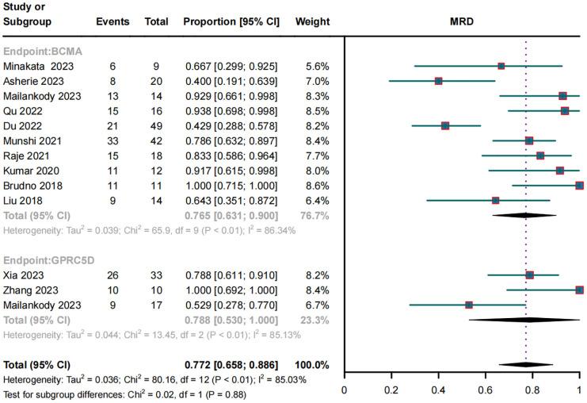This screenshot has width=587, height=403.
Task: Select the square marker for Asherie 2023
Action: pos(438,81)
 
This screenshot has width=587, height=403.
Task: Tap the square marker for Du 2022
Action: pos(445,125)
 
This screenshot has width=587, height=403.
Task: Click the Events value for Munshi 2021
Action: pos(112,140)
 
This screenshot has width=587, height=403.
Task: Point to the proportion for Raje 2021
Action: pos(231,155)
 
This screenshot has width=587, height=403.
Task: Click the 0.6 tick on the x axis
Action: pos(486,390)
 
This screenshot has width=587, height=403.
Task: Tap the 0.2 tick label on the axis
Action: pos(391,390)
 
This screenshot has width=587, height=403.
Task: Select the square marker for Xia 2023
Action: pos(529,275)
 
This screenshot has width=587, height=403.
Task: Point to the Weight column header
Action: pos(312,21)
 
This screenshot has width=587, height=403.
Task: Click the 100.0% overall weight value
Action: pos(312,365)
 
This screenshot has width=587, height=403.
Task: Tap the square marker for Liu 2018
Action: pos(495,200)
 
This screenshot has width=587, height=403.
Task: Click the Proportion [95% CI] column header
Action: pos(231,21)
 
